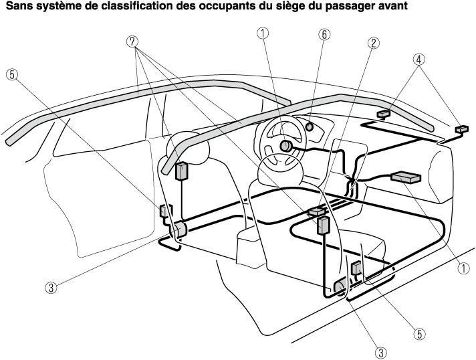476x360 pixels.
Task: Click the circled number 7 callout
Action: coord(132,42)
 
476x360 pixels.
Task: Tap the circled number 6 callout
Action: coord(324,35)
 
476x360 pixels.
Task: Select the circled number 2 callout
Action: coord(374,43)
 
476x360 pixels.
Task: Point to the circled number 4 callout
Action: coord(419,60)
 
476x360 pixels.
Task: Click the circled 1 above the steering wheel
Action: coord(263,33)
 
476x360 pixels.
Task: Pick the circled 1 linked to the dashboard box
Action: coord(463,268)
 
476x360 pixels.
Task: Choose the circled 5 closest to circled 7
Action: coord(12,75)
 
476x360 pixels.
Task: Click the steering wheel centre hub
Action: coord(285,146)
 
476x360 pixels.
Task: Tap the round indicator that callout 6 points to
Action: coord(310,126)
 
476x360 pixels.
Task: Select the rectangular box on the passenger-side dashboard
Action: coord(406,178)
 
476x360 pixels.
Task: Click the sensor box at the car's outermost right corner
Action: coord(462,129)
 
